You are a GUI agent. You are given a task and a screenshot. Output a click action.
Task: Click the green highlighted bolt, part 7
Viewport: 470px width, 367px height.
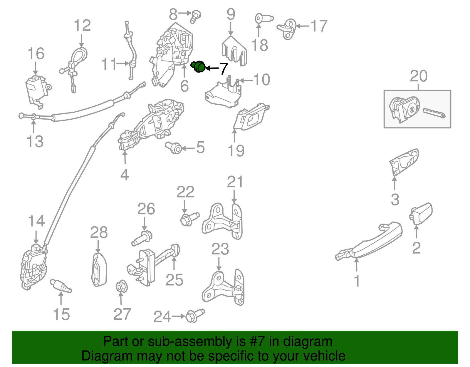(199, 67)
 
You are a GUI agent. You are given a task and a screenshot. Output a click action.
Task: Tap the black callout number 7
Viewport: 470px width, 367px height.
(224, 69)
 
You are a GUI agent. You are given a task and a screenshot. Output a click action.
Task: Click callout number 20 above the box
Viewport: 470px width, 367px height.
(418, 76)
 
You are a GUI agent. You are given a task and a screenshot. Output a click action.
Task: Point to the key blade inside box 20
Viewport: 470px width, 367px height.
(434, 113)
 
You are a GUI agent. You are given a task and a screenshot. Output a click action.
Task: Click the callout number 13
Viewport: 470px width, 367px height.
(35, 141)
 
